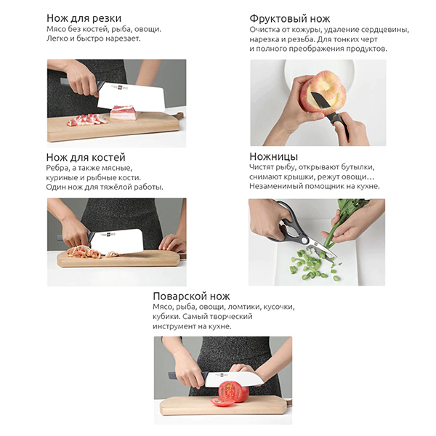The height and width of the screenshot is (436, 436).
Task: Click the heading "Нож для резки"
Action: (x=84, y=18)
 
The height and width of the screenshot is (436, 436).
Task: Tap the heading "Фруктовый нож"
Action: (x=289, y=19)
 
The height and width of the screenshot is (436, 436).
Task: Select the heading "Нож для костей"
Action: (x=86, y=158)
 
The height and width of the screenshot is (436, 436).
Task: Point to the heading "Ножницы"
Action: (x=274, y=156)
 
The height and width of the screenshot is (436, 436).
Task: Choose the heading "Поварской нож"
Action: (x=191, y=296)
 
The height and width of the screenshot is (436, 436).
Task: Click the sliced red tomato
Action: (x=230, y=393)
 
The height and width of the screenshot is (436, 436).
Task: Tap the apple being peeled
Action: (x=323, y=92)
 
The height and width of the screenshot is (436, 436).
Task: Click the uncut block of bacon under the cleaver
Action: (x=124, y=113)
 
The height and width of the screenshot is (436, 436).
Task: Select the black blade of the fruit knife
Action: (x=321, y=100)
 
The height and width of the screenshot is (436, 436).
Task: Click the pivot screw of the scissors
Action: (x=304, y=240)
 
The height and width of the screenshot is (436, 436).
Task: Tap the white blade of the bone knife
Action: (x=117, y=241)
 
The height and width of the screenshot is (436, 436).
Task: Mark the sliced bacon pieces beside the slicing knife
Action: (x=86, y=120)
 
